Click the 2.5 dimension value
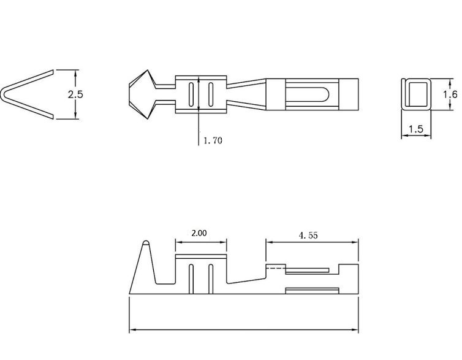[75, 94]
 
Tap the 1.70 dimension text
[213, 140]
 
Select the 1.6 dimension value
[450, 94]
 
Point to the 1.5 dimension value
[416, 129]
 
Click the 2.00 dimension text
[199, 233]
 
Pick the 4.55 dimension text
[308, 236]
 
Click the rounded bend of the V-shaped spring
[4, 95]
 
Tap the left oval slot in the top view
[192, 94]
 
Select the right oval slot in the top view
[211, 94]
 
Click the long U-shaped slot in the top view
[308, 94]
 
